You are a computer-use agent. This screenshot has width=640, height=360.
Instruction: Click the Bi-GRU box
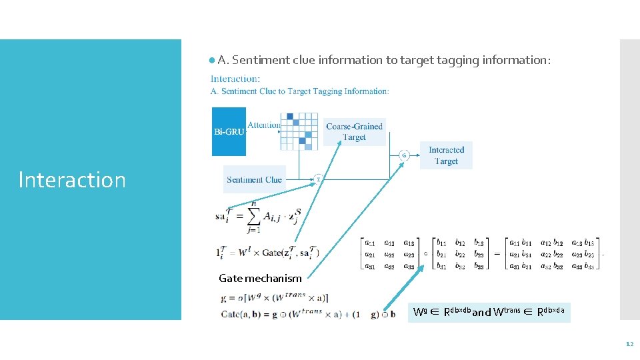coord(229,131)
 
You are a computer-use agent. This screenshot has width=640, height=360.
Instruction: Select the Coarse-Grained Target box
coord(354,131)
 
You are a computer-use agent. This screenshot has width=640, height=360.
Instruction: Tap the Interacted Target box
coord(446,155)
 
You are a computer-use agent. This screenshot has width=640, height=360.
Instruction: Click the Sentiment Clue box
coord(254,179)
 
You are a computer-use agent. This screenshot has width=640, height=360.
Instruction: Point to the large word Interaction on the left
coord(72,180)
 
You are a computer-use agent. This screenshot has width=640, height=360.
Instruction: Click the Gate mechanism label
coord(260,279)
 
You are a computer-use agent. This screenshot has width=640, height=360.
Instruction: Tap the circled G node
coord(403,155)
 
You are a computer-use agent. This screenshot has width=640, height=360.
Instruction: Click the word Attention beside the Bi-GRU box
coord(264,125)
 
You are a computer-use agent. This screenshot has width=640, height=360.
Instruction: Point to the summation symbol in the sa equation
coord(253,216)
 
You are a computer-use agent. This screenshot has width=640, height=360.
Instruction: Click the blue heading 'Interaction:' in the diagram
coord(235,79)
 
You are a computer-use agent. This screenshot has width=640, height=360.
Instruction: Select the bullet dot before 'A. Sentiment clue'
coord(211,60)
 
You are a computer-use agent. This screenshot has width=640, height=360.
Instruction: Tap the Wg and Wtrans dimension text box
coord(489,311)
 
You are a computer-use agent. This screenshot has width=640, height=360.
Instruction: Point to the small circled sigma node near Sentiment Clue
coord(318,179)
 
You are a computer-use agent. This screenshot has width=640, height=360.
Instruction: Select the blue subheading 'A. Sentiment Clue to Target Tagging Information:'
coord(300,91)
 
